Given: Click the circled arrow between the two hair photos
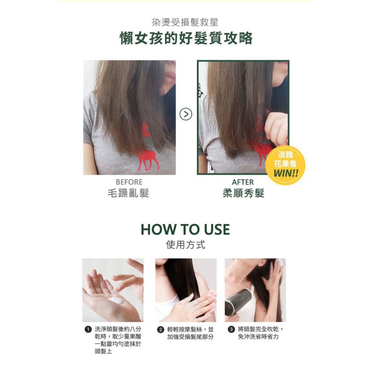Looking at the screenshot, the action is coord(186,114).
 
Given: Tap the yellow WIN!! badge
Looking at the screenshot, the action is coord(285,165).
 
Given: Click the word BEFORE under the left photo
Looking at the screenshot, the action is coord(129,182).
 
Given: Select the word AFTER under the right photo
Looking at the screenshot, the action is coord(243,182).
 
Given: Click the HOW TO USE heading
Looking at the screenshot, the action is coord(185,230).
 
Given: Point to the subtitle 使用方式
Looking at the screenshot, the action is coord(186,244).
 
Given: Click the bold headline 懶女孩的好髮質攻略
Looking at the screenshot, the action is coord(186,38).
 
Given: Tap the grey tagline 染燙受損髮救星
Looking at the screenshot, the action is coord(185,22).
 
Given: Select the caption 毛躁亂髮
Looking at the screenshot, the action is coord(128,193).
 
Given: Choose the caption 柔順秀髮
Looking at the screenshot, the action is coord(243,193).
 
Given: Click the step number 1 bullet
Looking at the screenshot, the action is coord(88,329).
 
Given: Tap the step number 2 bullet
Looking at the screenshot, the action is coord(161,329).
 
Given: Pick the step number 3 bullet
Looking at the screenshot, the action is coord(231,329).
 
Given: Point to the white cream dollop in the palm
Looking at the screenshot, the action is coord(116,301).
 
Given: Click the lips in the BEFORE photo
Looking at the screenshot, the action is coord(170,76).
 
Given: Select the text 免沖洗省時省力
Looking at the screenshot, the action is coord(258,337).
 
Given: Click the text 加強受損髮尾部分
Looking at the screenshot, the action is coord(190,337).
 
